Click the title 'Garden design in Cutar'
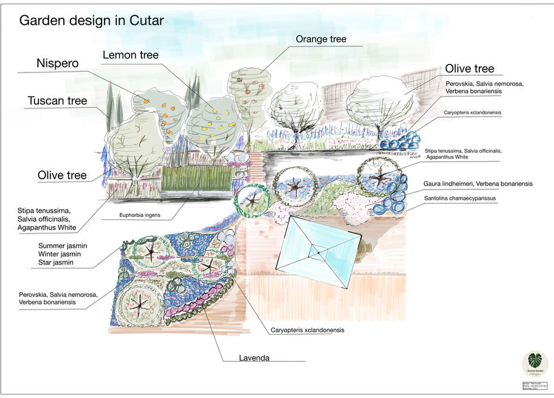(x=91, y=21)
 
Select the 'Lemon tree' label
(x=131, y=55)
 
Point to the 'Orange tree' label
(x=321, y=39)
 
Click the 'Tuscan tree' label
(x=57, y=101)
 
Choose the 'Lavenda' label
(x=254, y=357)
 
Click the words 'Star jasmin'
(x=55, y=262)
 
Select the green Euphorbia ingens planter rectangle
(x=196, y=178)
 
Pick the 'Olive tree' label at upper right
(x=469, y=69)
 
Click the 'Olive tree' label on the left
(x=62, y=175)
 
